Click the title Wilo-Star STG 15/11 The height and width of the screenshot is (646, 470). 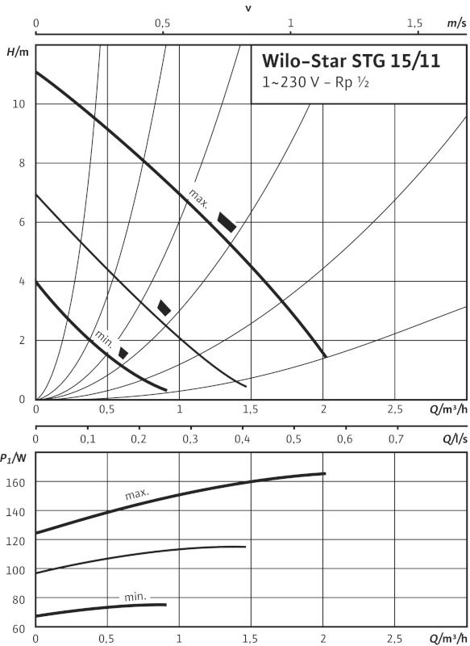[x=351, y=61]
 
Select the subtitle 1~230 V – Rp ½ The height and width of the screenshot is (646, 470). [x=315, y=82]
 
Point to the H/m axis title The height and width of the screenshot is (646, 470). [x=17, y=52]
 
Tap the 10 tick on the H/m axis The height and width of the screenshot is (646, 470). [x=19, y=104]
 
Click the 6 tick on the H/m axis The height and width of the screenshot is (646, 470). [x=23, y=222]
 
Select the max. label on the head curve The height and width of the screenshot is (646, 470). [x=198, y=198]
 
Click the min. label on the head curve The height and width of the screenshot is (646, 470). [x=103, y=338]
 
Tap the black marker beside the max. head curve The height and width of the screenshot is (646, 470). [x=227, y=223]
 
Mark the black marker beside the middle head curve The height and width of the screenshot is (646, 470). [x=164, y=308]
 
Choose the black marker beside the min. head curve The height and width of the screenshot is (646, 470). [x=123, y=353]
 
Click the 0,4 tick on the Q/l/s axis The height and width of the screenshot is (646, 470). [x=242, y=439]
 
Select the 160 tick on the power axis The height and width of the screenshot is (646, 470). [x=16, y=481]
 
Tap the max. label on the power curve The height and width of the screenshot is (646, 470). [x=137, y=494]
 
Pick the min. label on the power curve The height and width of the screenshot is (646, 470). [x=135, y=597]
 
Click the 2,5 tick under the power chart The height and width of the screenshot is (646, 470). [x=395, y=640]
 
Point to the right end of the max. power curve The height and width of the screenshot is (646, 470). [x=325, y=473]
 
